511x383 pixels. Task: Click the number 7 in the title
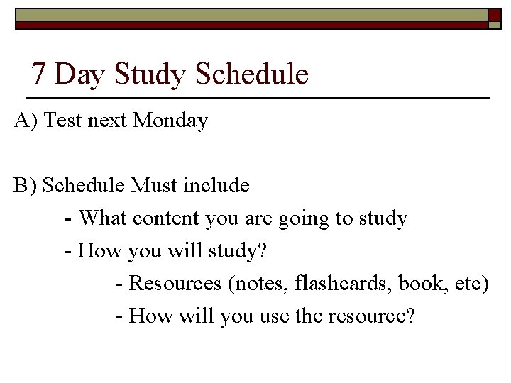(x=40, y=74)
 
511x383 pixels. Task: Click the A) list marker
(x=26, y=121)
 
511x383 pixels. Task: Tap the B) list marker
(x=26, y=186)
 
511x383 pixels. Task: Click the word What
(x=102, y=218)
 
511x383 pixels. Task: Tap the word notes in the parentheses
(x=257, y=284)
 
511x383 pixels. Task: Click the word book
(x=419, y=284)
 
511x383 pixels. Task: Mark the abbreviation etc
(x=466, y=284)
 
